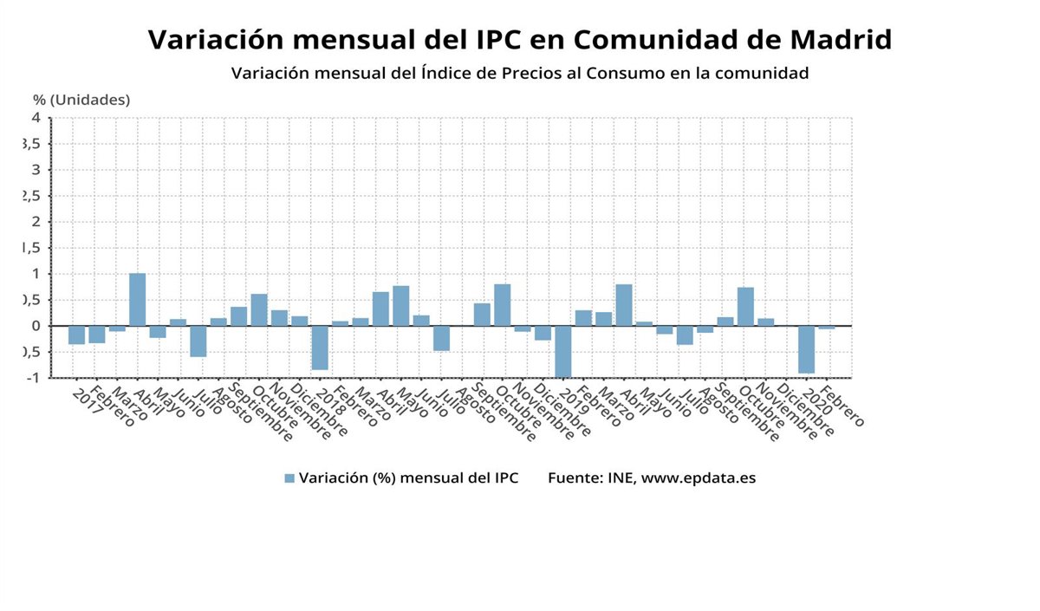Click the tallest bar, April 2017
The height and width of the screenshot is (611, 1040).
click(137, 300)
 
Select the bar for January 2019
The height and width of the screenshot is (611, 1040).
click(563, 351)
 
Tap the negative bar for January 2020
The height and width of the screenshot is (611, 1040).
click(807, 349)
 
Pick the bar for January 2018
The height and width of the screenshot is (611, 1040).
click(320, 348)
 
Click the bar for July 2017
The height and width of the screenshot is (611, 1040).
click(198, 341)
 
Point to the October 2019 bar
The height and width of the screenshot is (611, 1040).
click(745, 307)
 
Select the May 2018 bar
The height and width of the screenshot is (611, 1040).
click(400, 306)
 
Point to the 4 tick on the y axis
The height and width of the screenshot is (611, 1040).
click(36, 118)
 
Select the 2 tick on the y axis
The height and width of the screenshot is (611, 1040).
click(36, 222)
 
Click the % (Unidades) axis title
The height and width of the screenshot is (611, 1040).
click(81, 100)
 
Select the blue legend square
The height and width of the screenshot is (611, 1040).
click(289, 478)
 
